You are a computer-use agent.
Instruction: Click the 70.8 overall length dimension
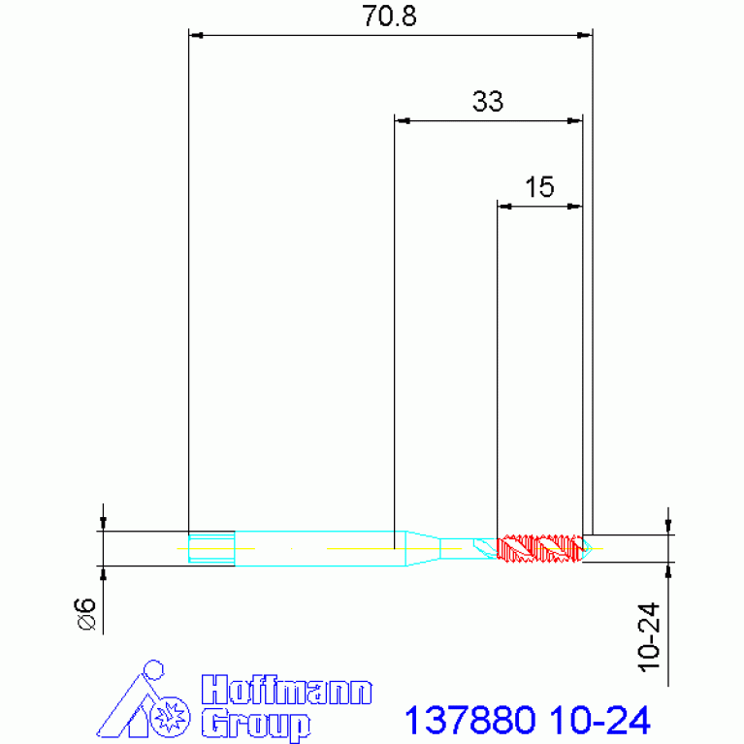point(389,17)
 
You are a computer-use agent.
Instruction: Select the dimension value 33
point(488,102)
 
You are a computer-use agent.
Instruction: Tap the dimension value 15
point(538,186)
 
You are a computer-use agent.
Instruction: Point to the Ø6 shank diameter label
point(85,615)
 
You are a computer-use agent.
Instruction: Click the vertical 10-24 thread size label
point(649,637)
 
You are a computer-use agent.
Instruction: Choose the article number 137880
point(469,721)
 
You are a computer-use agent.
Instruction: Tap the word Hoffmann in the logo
point(286,692)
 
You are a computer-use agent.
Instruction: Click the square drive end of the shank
point(211,548)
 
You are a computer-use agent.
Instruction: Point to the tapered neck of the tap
point(421,548)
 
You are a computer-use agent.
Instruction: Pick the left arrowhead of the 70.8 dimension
point(195,36)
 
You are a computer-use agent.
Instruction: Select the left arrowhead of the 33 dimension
point(402,121)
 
